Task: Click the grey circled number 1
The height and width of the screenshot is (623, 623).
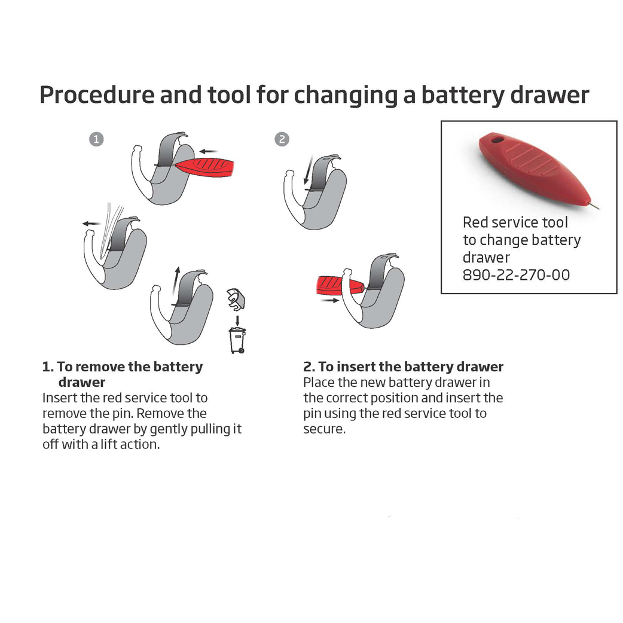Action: click(96, 139)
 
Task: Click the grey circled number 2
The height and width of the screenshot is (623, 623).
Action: click(282, 139)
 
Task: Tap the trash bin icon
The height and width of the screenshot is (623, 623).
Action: click(237, 340)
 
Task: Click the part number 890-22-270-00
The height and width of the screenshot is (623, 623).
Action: click(517, 275)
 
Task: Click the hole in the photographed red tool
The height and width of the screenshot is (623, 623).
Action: click(496, 141)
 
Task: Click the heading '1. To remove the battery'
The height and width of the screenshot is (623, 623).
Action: click(123, 367)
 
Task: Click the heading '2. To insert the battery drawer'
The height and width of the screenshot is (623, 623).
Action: click(404, 367)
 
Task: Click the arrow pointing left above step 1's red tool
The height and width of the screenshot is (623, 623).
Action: click(209, 151)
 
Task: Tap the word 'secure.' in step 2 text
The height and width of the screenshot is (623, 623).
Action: click(325, 429)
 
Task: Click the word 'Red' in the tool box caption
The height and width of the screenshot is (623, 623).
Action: click(476, 222)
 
